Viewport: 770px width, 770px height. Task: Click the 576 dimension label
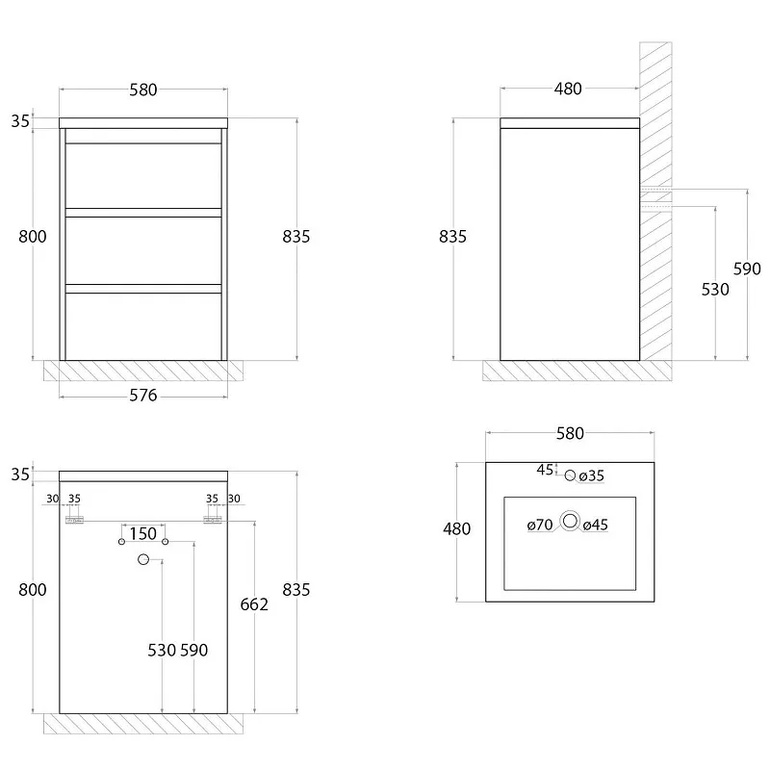tap(142, 396)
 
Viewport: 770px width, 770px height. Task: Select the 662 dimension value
tap(254, 604)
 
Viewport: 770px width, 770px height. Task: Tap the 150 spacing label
tap(142, 534)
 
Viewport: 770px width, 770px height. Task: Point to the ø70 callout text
tap(540, 525)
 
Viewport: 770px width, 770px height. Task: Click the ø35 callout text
tap(592, 475)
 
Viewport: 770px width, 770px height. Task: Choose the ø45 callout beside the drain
tap(596, 525)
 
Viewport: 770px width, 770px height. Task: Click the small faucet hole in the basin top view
tap(570, 475)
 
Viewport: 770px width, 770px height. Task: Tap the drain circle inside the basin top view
tap(570, 521)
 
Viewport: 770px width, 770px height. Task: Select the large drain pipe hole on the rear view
tap(143, 559)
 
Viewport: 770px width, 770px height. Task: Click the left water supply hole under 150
tap(122, 542)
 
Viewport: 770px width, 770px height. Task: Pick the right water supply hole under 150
tap(165, 542)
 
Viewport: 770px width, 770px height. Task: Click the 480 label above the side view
tap(568, 89)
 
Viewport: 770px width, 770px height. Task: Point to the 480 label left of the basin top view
tap(456, 528)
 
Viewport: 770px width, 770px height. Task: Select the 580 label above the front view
tap(143, 90)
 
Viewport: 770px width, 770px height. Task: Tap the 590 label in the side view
tap(747, 269)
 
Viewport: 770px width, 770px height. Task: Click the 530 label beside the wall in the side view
tap(715, 290)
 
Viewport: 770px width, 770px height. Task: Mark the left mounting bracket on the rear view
tap(75, 520)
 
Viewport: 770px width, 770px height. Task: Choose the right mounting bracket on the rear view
tap(213, 520)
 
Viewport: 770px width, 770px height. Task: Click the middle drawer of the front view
tap(143, 250)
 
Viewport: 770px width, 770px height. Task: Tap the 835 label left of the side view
tap(452, 237)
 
